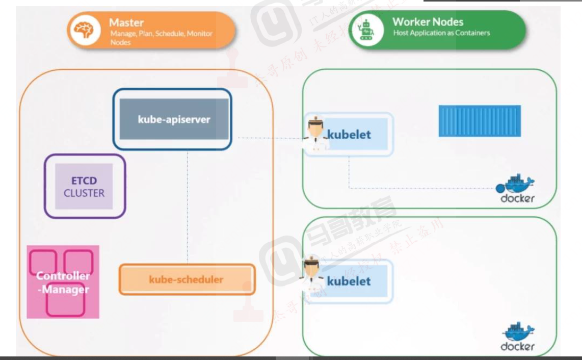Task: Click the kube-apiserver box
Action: tap(174, 119)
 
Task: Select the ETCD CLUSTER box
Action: tap(84, 187)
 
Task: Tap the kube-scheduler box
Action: tap(187, 279)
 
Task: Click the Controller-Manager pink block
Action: tap(63, 282)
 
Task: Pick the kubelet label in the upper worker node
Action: tap(349, 135)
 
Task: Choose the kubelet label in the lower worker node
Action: tap(349, 281)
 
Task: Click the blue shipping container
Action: tap(480, 121)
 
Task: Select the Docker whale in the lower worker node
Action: tap(518, 331)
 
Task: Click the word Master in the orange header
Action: tap(126, 23)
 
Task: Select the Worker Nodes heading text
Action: tap(428, 22)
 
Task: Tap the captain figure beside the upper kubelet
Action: tap(314, 134)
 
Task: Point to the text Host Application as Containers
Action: tap(441, 33)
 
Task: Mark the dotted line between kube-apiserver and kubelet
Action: tap(268, 138)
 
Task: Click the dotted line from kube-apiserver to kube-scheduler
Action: tap(188, 204)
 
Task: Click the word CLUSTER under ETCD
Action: tap(84, 193)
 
